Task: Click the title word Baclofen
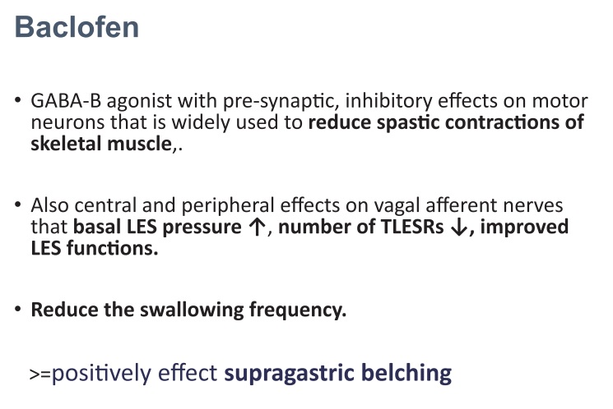[x=77, y=27]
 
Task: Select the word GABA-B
[x=66, y=101]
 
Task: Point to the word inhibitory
[x=388, y=102]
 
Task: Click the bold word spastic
[x=408, y=123]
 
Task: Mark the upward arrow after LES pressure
[x=257, y=227]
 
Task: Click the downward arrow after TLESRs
[x=459, y=227]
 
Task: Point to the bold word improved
[x=524, y=227]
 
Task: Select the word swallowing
[x=192, y=310]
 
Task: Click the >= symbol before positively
[x=40, y=375]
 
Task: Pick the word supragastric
[x=290, y=374]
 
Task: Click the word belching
[x=406, y=373]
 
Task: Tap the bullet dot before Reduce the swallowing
[x=17, y=309]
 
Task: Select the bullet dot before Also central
[x=17, y=204]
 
